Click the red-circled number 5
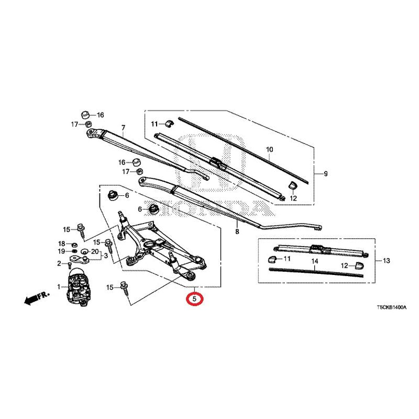pos(194,299)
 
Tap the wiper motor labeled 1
pos(79,286)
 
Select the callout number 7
pos(123,128)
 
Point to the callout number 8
pos(237,231)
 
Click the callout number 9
pos(326,174)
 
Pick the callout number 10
pos(270,149)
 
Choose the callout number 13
pos(387,260)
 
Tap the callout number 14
pos(315,261)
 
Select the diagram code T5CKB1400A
pos(392,307)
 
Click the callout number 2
pos(59,264)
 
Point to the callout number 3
pos(106,256)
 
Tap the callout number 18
pos(62,244)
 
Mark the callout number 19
pos(62,251)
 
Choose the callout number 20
pos(95,251)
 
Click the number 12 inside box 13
pos(345,266)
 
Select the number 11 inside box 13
pos(287,258)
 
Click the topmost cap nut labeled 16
pos(85,115)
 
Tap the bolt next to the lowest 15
pos(125,288)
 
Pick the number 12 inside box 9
pos(293,199)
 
